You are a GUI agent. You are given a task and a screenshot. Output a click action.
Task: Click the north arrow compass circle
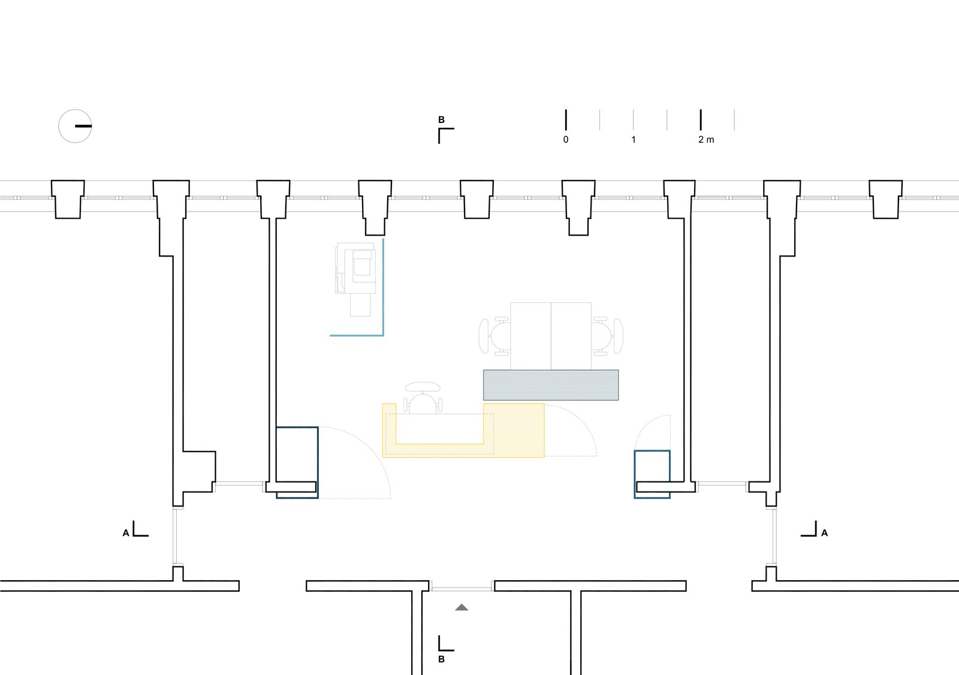point(75,126)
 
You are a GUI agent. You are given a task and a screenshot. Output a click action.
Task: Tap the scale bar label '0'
point(566,140)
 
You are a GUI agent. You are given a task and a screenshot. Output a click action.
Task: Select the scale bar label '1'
point(634,140)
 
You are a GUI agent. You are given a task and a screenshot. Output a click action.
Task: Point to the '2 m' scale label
point(706,140)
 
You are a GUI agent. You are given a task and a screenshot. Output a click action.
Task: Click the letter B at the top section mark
point(442,120)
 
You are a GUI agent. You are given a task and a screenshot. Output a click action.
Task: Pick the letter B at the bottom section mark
point(442,659)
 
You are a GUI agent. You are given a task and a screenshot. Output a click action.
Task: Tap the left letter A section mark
point(126,533)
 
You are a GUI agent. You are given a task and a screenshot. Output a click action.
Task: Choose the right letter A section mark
point(825,533)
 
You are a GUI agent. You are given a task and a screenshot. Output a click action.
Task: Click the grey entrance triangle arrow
point(462,607)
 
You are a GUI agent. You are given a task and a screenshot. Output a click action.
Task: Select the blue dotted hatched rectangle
point(551,385)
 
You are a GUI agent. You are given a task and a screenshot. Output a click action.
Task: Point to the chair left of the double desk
point(494,336)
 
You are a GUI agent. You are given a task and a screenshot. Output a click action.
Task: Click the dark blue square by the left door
point(297,462)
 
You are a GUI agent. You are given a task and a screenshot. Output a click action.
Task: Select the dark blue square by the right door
point(652,474)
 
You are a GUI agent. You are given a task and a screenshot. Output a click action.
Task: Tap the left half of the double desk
point(530,336)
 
